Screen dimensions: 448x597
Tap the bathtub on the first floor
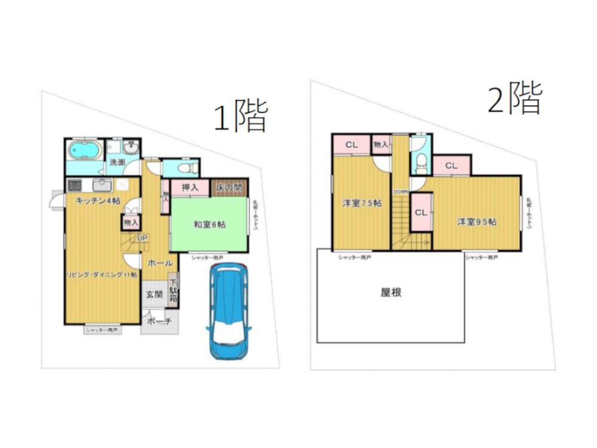84,150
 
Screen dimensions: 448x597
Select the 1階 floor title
240,116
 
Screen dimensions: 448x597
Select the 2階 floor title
515,99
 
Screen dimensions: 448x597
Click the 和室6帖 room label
209,225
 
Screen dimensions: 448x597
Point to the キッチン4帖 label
97,201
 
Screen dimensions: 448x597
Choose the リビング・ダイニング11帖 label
102,274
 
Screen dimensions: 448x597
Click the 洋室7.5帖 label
362,203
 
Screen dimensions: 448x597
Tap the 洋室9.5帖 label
477,222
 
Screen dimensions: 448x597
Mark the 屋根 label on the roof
390,293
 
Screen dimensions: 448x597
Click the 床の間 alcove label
229,188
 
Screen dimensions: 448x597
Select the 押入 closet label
189,188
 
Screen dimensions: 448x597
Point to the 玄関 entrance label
154,294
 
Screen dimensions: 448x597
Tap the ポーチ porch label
159,321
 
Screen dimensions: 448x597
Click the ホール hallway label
160,263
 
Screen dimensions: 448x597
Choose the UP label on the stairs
143,238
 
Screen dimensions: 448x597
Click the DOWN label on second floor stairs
401,192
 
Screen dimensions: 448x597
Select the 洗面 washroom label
116,162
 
